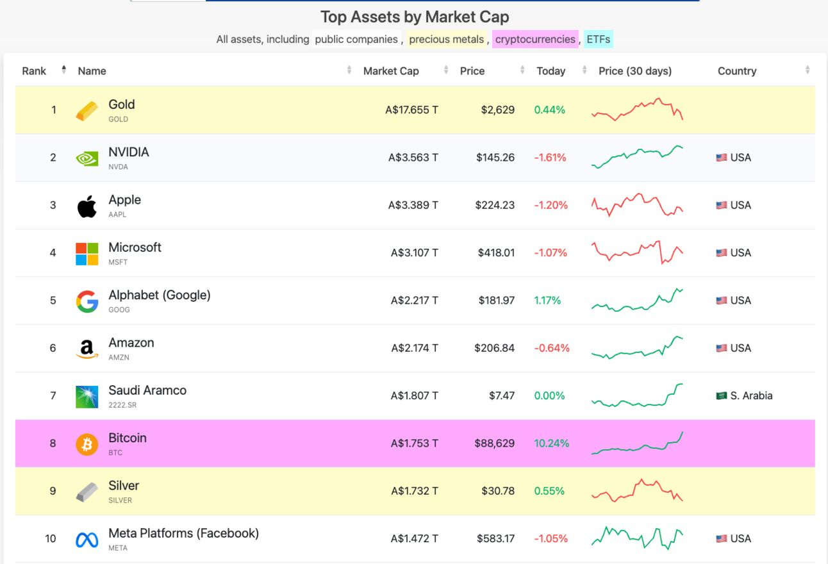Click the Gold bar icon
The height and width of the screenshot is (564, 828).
tap(87, 110)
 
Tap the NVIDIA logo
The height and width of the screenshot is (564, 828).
tap(87, 158)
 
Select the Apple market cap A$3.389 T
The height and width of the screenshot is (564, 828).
tap(413, 205)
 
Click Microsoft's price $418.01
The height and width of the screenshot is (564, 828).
tap(495, 253)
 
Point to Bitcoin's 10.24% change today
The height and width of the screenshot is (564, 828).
tap(551, 443)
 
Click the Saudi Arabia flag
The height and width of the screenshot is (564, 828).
tap(722, 395)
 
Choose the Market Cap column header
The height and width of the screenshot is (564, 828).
tap(391, 71)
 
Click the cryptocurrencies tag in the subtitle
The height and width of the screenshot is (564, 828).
tap(535, 39)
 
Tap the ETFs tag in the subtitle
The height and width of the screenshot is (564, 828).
tap(598, 39)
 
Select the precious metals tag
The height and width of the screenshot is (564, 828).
tap(446, 39)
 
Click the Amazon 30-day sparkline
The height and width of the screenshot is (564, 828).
tap(637, 347)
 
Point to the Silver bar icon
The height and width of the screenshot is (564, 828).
tap(87, 491)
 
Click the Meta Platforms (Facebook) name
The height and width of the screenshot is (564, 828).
tap(183, 533)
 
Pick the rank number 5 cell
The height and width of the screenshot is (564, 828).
tap(53, 301)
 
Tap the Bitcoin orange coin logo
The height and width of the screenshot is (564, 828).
tap(87, 444)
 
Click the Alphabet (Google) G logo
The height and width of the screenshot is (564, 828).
tap(87, 301)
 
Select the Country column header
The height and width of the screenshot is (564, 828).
tap(736, 71)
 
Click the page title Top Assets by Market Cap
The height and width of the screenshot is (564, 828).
tap(415, 17)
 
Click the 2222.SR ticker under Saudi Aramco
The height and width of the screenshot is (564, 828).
tap(122, 405)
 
